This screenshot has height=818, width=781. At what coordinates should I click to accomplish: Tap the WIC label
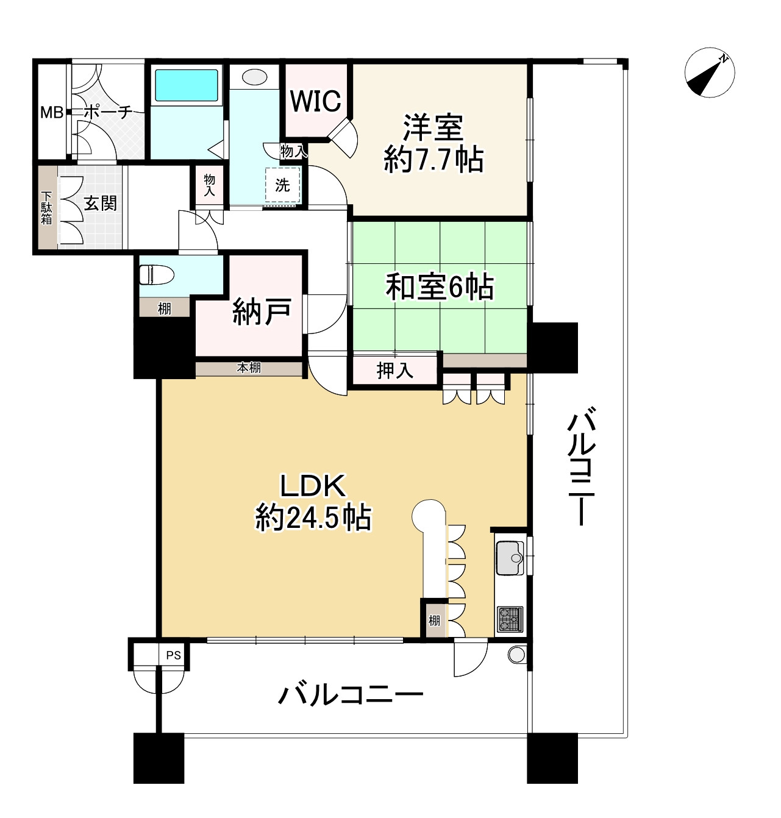tap(315, 101)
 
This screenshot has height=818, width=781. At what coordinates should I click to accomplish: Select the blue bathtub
tap(186, 85)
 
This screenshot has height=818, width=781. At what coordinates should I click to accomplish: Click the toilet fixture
tap(148, 276)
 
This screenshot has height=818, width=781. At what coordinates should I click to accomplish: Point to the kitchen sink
tap(510, 558)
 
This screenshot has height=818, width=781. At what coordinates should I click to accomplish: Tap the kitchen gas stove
tap(510, 619)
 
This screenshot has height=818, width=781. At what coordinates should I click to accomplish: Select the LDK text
tap(313, 486)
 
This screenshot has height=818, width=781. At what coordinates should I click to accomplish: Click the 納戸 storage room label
tap(261, 312)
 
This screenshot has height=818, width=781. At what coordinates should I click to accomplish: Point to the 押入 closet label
tap(395, 370)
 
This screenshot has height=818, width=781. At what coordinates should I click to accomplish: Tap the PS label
tap(174, 656)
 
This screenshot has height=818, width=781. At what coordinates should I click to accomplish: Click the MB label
tap(51, 113)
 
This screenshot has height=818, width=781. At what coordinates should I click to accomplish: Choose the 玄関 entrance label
tap(100, 203)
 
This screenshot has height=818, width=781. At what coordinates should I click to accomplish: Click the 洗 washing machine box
tap(283, 185)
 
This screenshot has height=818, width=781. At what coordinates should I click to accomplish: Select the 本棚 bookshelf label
tap(249, 368)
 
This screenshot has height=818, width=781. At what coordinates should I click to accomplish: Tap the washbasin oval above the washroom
tap(254, 77)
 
